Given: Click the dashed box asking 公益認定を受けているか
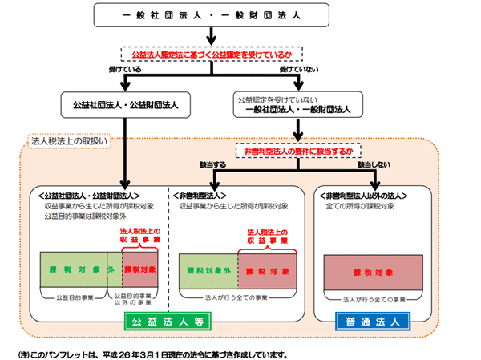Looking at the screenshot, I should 210,53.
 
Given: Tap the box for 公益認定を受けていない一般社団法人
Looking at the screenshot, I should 299,104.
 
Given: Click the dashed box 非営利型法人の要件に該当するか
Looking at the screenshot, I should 298,150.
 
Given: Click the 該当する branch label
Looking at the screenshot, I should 214,165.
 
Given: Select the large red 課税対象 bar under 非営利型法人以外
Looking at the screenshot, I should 373,272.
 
